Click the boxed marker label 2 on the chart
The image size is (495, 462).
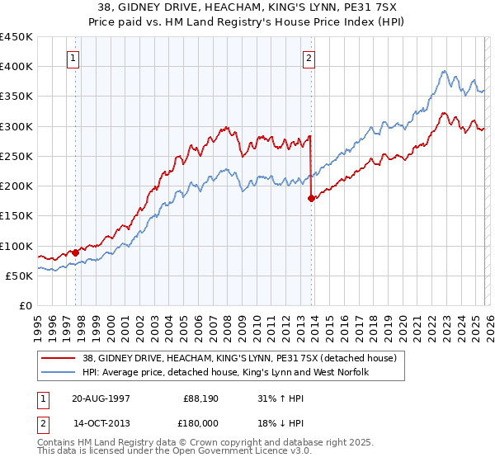[x=309, y=58]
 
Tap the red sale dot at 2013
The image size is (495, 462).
[x=311, y=198]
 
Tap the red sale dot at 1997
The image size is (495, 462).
[x=76, y=252]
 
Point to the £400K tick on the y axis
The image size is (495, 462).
[x=16, y=67]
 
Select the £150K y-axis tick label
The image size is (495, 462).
[x=16, y=216]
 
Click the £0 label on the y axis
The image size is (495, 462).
[x=24, y=305]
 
